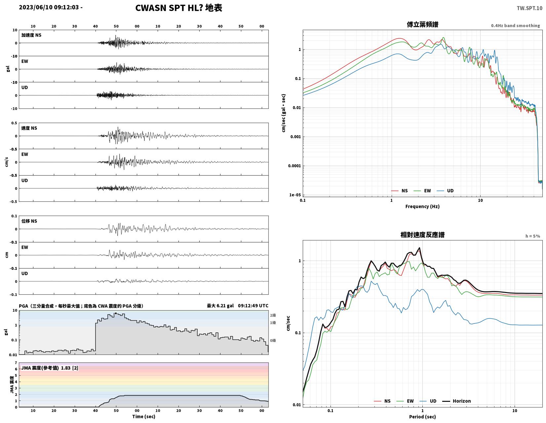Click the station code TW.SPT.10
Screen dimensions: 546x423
point(529,8)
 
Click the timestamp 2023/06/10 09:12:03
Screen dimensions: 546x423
point(49,7)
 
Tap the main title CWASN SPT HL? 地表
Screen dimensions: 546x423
point(178,8)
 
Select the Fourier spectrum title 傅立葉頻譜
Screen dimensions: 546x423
point(422,24)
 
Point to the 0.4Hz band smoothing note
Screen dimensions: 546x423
point(515,25)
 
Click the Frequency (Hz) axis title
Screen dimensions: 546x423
point(422,206)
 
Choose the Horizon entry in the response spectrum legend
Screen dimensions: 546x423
point(456,401)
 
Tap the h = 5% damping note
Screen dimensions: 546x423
point(532,236)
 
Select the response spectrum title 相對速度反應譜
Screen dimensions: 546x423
point(422,235)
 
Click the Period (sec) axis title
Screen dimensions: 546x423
point(422,416)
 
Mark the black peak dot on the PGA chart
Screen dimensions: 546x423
point(116,313)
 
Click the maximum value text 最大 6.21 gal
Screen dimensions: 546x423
point(220,306)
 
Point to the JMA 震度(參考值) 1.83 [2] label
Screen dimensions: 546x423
point(50,368)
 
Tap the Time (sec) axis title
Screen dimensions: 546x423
point(143,416)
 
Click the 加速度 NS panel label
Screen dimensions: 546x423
point(31,35)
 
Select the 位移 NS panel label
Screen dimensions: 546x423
point(29,221)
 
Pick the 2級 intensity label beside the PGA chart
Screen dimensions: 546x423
point(273,315)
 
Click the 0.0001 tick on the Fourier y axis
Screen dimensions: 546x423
point(294,166)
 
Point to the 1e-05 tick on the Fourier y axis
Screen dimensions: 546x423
point(295,195)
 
